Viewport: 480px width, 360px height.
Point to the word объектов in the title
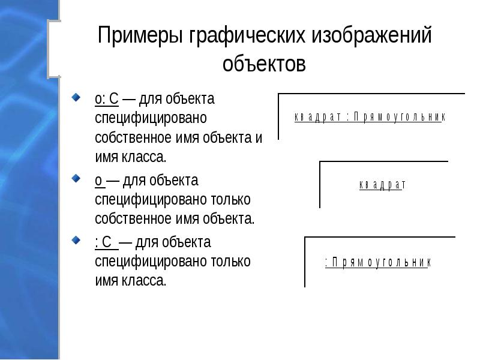tap(264, 63)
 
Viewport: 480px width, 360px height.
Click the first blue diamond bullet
tap(76, 96)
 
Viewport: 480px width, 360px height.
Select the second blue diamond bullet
tap(76, 178)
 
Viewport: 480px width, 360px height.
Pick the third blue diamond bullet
tap(76, 240)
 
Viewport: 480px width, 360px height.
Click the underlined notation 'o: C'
tap(106, 98)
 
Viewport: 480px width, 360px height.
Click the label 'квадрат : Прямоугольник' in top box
tap(370, 118)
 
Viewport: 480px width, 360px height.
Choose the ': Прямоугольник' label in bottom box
tap(378, 262)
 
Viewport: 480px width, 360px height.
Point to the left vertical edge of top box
tap(279, 116)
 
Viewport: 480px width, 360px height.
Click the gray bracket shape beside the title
tap(54, 48)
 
